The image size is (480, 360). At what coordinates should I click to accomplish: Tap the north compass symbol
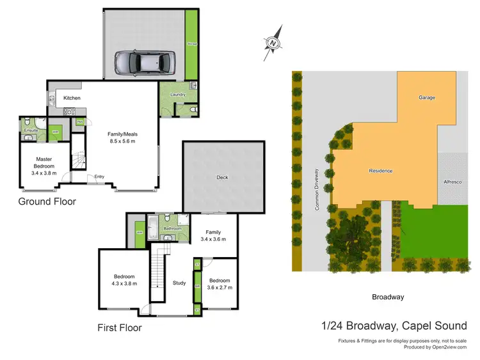pos(273,43)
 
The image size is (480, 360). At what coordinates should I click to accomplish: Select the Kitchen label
pos(72,98)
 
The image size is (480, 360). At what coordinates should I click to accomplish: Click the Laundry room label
pos(178,95)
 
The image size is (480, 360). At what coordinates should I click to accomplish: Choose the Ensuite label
pos(31,130)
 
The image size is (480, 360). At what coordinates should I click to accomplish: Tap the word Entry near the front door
pos(99,177)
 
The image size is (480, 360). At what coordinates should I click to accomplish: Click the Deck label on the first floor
pos(222,178)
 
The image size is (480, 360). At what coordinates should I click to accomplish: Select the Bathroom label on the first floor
pos(172,228)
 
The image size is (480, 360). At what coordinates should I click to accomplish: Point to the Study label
pos(179,283)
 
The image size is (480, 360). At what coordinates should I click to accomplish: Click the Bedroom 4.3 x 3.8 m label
pos(125,279)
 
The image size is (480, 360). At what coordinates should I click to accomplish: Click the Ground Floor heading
pos(47,201)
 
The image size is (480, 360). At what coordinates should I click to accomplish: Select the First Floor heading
pos(120,328)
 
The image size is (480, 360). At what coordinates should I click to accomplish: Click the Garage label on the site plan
pos(427,98)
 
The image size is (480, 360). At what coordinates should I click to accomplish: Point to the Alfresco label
pos(452,182)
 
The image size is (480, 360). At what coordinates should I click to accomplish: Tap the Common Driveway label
pos(316,190)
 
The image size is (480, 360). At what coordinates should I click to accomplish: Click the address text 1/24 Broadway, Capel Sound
pos(394,325)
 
